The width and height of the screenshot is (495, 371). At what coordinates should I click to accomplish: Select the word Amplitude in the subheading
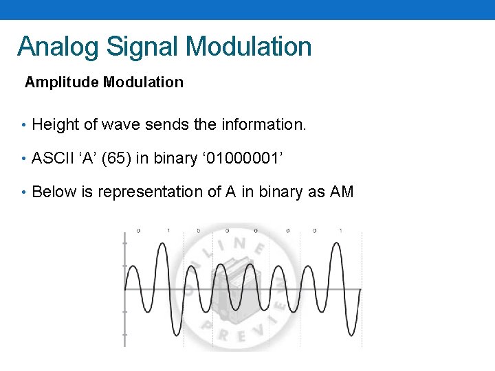63,82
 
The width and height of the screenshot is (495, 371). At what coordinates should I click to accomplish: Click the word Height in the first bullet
56,125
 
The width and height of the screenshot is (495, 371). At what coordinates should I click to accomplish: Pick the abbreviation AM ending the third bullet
342,192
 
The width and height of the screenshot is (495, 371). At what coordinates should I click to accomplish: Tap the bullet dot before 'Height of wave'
23,125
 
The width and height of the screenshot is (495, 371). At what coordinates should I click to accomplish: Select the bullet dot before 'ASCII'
23,158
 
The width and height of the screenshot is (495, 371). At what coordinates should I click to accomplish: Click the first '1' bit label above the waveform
168,230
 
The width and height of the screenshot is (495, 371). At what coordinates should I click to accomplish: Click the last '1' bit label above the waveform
340,230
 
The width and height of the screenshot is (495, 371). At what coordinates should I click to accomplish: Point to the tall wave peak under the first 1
162,245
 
